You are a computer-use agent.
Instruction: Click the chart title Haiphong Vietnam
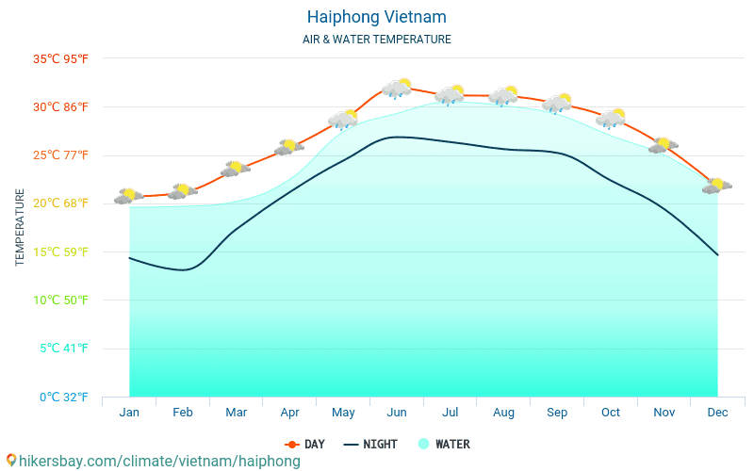pos(376,17)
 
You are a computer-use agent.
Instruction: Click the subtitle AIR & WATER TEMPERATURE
pos(376,40)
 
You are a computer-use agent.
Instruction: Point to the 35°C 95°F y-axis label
pos(60,58)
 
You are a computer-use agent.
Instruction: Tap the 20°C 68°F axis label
pos(60,203)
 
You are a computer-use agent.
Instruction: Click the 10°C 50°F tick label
pos(60,300)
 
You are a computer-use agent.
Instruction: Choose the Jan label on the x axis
pos(129,413)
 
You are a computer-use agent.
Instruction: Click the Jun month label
pos(397,413)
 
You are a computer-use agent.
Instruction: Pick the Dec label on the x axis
pos(717,413)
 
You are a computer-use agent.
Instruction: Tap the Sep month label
pos(557,413)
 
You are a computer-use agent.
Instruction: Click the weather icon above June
pos(397,89)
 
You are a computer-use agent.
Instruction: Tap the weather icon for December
pos(717,186)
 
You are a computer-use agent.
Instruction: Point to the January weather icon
pos(128,196)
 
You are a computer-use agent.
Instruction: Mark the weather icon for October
pos(611,118)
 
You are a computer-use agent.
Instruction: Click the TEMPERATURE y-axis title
pos(20,227)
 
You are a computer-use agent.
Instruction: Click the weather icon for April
pos(289,147)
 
